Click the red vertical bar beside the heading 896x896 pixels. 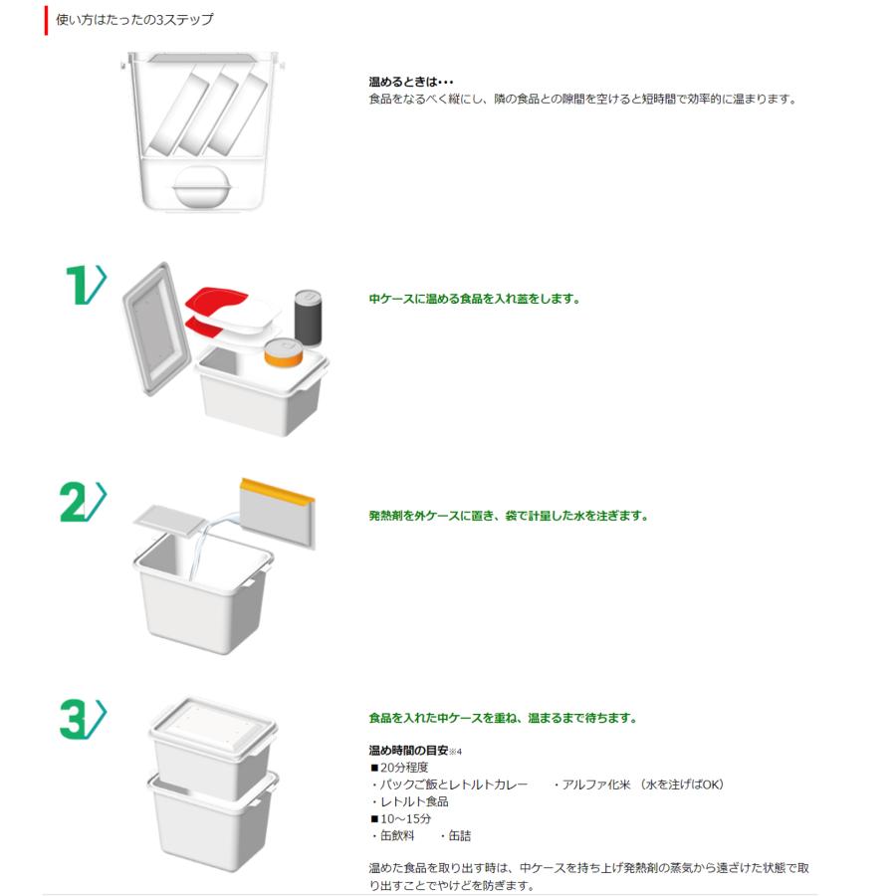click(46, 20)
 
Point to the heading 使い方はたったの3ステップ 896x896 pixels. click(133, 20)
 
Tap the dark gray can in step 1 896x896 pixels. click(308, 318)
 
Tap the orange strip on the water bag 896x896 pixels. click(276, 491)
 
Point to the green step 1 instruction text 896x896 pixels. click(474, 298)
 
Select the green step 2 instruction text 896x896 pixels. click(508, 516)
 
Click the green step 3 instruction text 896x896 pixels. click(502, 718)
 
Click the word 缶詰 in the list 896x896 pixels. click(459, 836)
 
